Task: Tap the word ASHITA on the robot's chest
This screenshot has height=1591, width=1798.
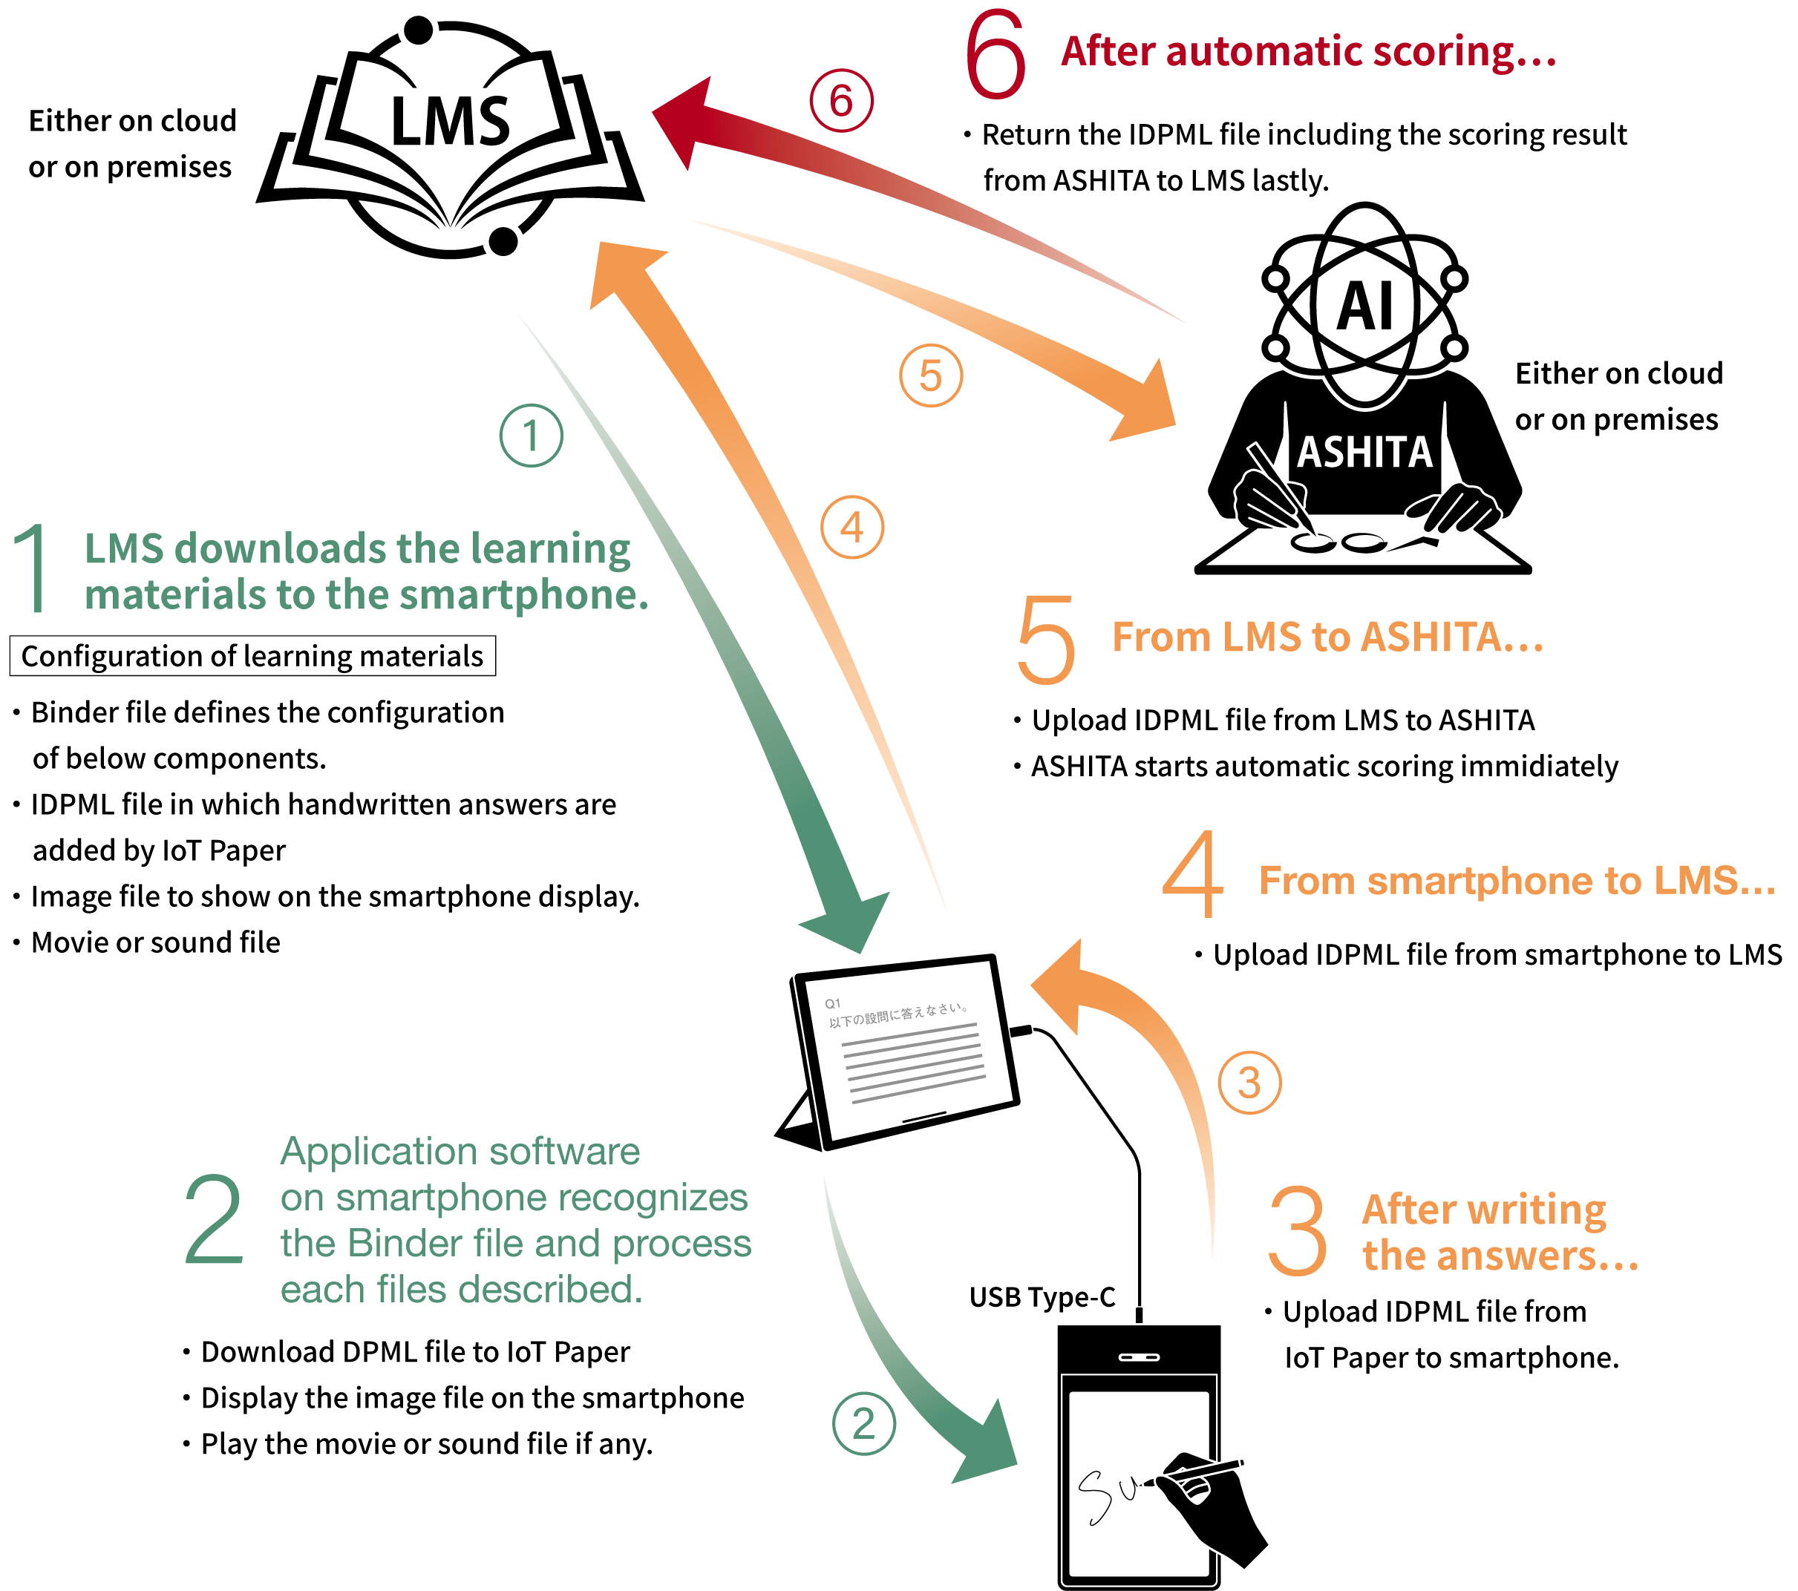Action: point(1364,452)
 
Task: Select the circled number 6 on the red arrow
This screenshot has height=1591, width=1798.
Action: point(842,100)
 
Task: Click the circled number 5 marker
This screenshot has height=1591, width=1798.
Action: point(931,375)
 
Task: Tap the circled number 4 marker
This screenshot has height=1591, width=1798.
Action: point(851,527)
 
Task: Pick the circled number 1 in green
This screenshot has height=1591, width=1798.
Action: point(532,436)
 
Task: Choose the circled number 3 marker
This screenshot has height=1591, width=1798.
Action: point(1249,1083)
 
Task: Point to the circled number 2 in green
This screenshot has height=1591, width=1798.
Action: point(864,1424)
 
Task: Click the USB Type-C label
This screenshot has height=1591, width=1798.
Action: point(1042,1297)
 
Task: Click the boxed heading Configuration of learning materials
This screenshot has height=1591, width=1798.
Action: point(252,656)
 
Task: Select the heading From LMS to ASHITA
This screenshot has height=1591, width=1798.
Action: point(1327,637)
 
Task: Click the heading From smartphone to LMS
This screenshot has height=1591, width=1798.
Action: point(1517,880)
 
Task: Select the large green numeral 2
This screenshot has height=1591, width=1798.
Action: point(214,1219)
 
